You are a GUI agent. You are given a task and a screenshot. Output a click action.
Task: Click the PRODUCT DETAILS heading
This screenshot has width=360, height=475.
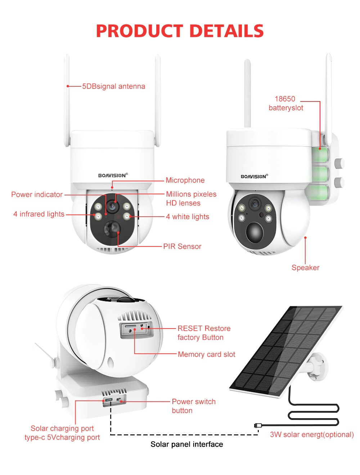[180, 31]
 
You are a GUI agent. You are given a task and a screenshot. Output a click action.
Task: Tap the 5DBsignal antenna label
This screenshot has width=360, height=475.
[113, 86]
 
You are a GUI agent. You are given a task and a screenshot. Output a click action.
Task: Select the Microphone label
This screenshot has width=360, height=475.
[185, 180]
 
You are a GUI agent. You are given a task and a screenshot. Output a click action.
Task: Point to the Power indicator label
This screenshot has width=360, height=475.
[37, 195]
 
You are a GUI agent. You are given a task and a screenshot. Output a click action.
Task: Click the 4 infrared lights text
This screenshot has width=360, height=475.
[39, 214]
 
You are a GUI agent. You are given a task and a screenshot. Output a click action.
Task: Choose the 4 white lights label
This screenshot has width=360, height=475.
[188, 217]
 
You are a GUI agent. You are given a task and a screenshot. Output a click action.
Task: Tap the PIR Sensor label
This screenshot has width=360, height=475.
[182, 246]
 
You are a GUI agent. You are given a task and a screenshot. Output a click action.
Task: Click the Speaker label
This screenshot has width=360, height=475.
[305, 268]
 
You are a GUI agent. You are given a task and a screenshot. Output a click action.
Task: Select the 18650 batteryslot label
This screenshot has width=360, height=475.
[286, 103]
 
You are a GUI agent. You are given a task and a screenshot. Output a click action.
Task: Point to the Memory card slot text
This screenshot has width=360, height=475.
[206, 354]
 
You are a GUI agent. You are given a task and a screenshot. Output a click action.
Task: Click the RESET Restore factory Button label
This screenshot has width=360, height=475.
[204, 333]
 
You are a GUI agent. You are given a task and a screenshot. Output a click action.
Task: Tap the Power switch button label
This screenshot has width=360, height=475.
[194, 406]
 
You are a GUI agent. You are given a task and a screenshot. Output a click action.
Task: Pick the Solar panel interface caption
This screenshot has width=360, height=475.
[186, 444]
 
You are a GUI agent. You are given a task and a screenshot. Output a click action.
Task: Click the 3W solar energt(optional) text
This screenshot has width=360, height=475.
[312, 435]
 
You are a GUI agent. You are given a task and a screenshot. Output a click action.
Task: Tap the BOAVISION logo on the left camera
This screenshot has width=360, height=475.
[113, 176]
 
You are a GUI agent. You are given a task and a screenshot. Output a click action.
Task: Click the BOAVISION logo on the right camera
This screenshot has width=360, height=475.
[254, 177]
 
